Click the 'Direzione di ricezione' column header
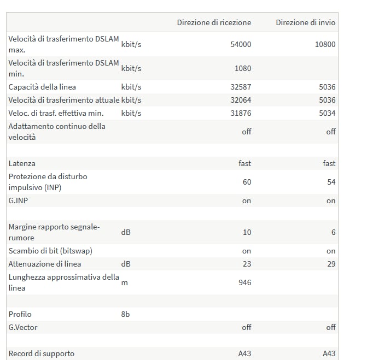click(214, 22)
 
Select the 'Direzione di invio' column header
click(306, 22)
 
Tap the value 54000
click(241, 44)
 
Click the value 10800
click(325, 44)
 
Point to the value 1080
click(243, 68)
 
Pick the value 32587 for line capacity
click(241, 87)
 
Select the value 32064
click(241, 100)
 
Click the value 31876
click(241, 113)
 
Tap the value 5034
click(327, 113)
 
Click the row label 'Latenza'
click(22, 163)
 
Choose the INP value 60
click(247, 182)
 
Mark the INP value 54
click(331, 182)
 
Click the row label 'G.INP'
click(18, 200)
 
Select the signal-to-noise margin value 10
click(247, 232)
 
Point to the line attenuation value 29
click(331, 264)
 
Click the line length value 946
click(245, 282)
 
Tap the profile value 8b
click(125, 314)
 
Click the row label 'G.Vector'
click(23, 327)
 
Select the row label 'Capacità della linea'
click(42, 87)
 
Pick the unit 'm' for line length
click(124, 283)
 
